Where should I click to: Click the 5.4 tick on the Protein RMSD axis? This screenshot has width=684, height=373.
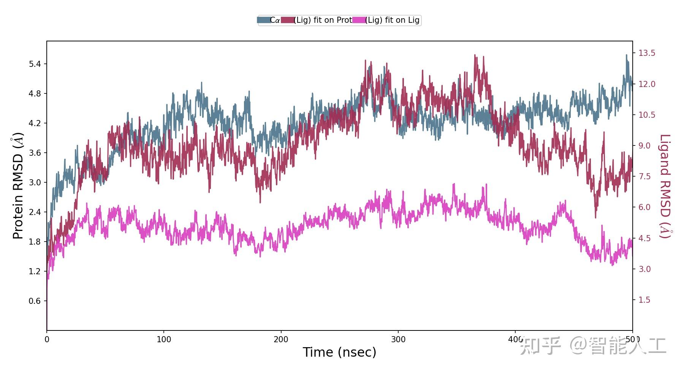[x=35, y=64]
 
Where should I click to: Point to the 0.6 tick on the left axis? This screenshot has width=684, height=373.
[x=35, y=301]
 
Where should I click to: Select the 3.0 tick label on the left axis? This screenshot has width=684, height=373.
[x=35, y=182]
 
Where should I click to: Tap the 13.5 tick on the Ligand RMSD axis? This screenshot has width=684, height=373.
[x=646, y=53]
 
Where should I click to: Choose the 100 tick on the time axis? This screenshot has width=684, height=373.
[x=164, y=339]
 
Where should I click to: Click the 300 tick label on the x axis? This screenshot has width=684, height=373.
[x=398, y=339]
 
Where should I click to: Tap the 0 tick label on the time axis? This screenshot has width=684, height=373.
[x=47, y=339]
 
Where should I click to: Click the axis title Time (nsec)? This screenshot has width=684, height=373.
[x=339, y=352]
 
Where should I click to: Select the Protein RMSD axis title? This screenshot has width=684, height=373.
[x=18, y=186]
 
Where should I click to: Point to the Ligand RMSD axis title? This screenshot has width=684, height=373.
[x=665, y=186]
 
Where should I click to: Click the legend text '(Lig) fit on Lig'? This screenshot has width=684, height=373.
[x=392, y=20]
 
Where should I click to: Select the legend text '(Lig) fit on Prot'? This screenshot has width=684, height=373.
[x=323, y=20]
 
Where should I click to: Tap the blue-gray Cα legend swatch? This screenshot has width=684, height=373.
[x=263, y=20]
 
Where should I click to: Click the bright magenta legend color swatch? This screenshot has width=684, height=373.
[x=359, y=20]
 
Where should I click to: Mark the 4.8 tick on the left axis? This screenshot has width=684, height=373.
[x=35, y=93]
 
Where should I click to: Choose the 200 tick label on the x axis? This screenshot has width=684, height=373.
[x=281, y=339]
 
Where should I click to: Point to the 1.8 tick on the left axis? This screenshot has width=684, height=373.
[x=35, y=242]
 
